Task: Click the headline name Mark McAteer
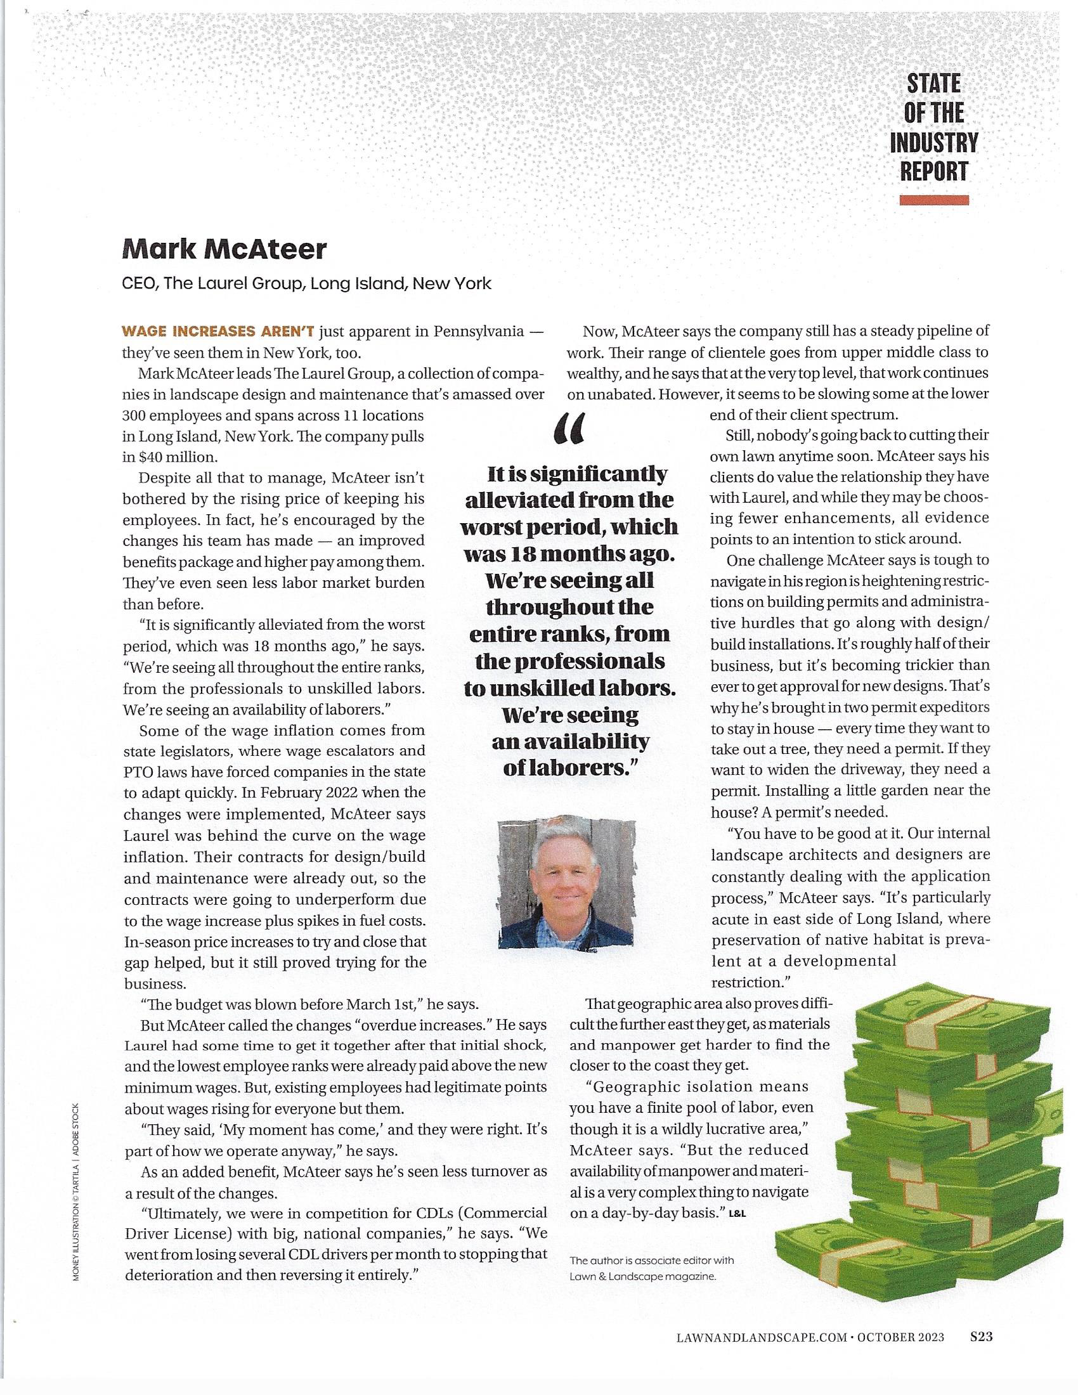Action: [x=223, y=249]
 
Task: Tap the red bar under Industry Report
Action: [x=933, y=200]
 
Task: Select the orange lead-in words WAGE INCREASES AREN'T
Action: [x=218, y=332]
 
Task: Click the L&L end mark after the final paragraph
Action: [x=737, y=1213]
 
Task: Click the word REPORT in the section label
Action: [x=933, y=171]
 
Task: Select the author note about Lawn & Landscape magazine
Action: [x=651, y=1269]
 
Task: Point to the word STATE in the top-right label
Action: [x=933, y=83]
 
